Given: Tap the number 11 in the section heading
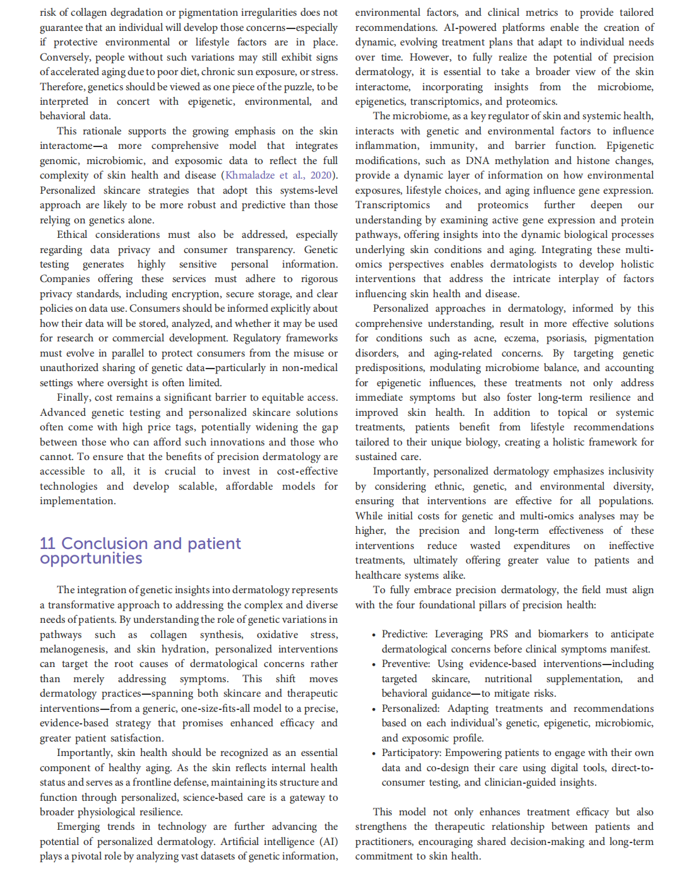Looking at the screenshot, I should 47,543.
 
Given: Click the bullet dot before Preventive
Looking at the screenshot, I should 373,664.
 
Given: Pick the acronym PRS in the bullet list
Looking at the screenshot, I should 498,634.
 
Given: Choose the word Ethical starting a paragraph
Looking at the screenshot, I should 72,235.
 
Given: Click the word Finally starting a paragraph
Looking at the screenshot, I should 73,398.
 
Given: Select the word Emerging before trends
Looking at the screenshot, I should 78,827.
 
